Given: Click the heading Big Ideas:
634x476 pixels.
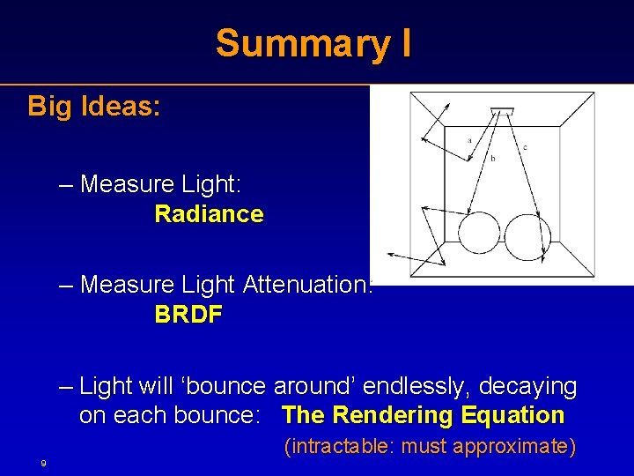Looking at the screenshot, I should click(x=94, y=107).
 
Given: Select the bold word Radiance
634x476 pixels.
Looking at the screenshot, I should click(x=209, y=214).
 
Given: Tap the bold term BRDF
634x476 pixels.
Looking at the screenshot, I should click(x=188, y=315).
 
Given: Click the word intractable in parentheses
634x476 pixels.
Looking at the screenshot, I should click(x=339, y=447).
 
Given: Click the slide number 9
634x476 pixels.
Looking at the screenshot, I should click(x=42, y=464).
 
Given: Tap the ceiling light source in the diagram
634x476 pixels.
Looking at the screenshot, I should click(x=502, y=112).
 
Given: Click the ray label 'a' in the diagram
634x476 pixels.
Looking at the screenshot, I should click(x=469, y=139).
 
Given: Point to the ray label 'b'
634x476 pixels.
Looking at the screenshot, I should click(x=492, y=159).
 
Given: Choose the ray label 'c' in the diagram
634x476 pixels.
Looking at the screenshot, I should click(x=526, y=147).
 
